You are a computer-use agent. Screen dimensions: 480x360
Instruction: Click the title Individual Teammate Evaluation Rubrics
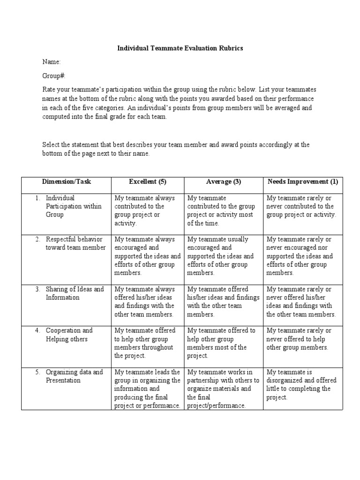tap(180, 48)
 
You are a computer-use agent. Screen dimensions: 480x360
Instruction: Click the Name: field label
tap(52, 62)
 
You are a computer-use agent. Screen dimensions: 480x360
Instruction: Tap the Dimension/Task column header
tap(66, 182)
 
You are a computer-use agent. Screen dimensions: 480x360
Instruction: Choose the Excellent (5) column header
tap(148, 182)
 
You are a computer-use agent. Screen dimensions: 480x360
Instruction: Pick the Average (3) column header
tap(224, 182)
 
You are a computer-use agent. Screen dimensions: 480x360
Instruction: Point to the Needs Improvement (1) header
tap(303, 182)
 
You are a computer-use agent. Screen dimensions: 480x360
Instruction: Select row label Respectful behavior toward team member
tap(75, 243)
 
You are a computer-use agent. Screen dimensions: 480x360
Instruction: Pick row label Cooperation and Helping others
tap(69, 335)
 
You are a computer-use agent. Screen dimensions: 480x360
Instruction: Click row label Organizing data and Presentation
tap(74, 376)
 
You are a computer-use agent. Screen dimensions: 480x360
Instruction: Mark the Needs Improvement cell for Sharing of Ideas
tap(301, 302)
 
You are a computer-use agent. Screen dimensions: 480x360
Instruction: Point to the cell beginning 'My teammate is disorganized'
tap(301, 384)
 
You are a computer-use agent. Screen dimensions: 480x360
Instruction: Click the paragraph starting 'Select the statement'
tap(176, 149)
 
